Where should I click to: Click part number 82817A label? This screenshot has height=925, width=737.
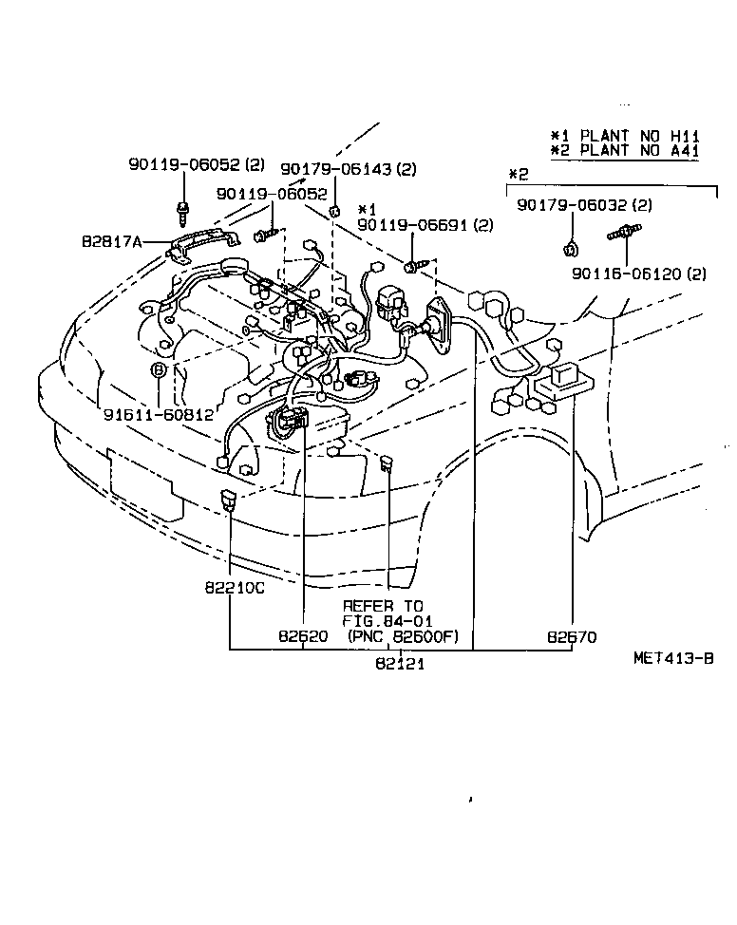pos(111,242)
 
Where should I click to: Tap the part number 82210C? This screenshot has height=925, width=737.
pos(233,588)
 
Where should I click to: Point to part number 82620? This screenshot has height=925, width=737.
pos(303,636)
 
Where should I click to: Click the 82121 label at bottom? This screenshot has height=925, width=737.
pos(399,664)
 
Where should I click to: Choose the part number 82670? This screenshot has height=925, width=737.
pos(573,636)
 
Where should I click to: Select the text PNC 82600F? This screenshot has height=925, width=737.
pos(403,636)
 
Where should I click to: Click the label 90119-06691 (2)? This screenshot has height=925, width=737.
pos(425,225)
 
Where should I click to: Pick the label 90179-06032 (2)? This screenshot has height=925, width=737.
pos(584,204)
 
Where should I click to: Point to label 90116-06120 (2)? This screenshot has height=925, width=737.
pos(639,274)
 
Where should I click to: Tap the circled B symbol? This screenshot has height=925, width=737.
pos(159,369)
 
